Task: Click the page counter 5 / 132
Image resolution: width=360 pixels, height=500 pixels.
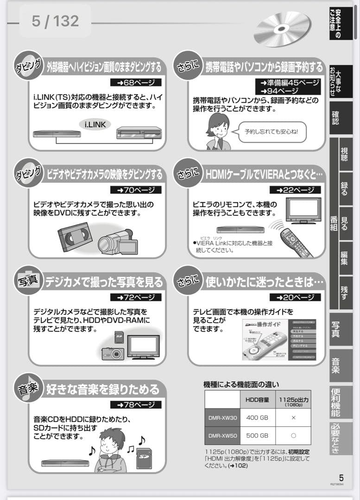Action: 55,21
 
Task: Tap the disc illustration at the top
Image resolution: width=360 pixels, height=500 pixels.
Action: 281,29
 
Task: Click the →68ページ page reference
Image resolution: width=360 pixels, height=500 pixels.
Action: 136,82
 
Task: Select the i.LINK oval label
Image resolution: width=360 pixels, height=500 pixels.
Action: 95,124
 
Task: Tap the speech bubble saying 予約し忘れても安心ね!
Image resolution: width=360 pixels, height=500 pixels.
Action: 272,131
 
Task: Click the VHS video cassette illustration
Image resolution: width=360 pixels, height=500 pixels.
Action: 75,236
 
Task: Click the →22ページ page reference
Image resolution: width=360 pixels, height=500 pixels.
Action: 295,190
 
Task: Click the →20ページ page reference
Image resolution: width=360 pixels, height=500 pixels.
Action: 295,297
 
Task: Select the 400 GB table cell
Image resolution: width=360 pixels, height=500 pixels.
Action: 257,418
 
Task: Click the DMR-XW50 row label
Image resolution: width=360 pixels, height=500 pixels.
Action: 222,436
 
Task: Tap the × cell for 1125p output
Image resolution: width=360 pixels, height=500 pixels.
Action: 293,418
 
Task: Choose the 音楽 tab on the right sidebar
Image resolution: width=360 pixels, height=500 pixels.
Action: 336,365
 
